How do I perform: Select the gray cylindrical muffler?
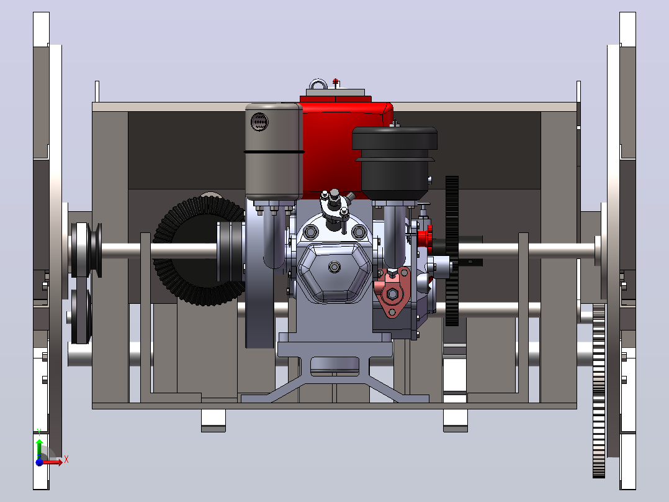pyautogui.click(x=274, y=152)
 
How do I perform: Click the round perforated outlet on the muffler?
pyautogui.click(x=259, y=122)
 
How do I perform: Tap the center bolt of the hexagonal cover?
pyautogui.click(x=334, y=267)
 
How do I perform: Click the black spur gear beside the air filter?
pyautogui.click(x=452, y=251)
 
